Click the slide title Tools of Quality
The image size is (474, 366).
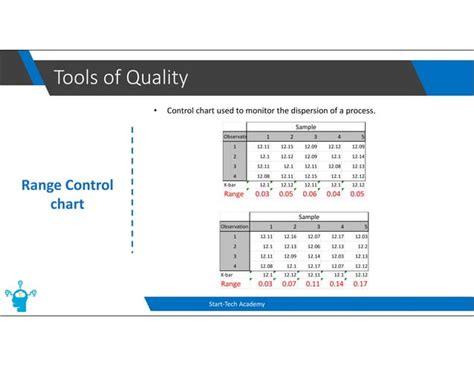[120, 77]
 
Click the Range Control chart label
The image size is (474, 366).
[68, 195]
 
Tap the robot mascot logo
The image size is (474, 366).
[21, 297]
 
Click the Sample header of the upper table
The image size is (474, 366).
[305, 127]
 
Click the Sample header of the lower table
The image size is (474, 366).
[305, 217]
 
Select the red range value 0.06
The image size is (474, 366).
[310, 193]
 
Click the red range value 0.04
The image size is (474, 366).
[333, 193]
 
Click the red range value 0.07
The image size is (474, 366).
[287, 283]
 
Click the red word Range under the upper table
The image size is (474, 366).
[233, 193]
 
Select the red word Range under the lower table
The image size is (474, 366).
[233, 283]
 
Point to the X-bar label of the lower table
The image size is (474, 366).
[229, 274]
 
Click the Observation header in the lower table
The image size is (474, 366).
[234, 227]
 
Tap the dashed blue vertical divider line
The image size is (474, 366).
[131, 190]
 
